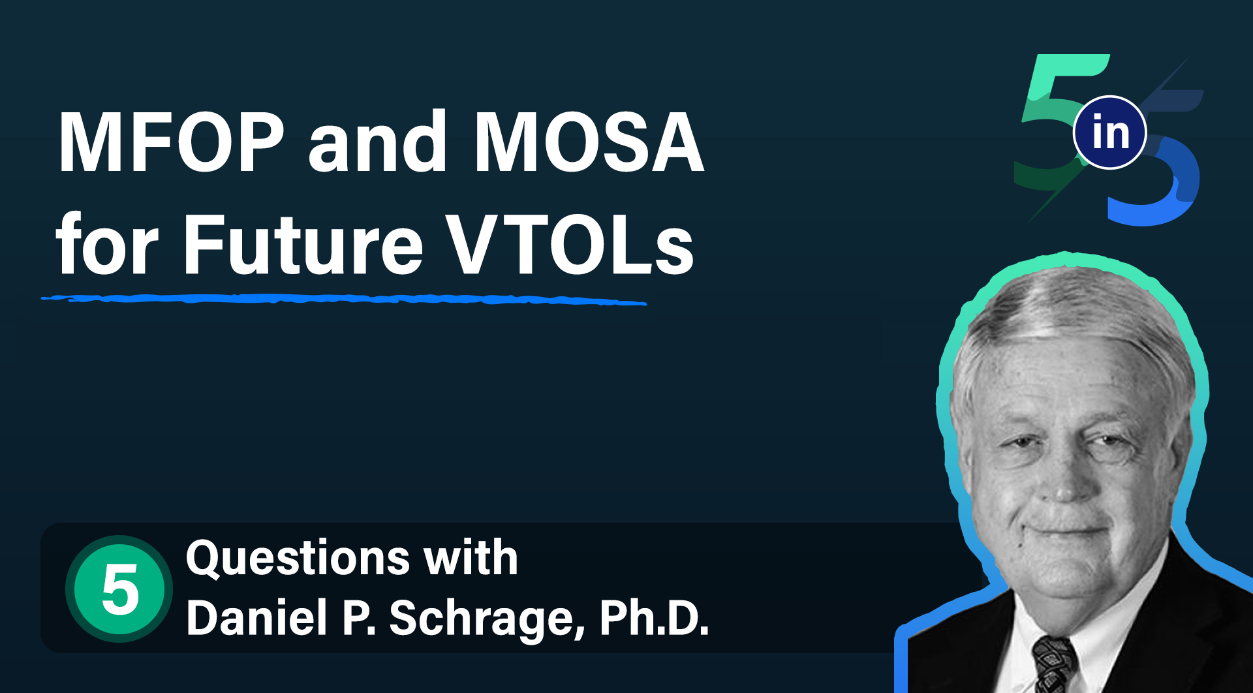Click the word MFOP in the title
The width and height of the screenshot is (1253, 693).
point(172,142)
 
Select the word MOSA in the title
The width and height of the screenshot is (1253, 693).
point(589,142)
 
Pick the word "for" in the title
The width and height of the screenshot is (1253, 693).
point(107,243)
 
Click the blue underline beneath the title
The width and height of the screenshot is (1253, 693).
point(344,300)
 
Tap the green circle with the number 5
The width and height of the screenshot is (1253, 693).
point(119,589)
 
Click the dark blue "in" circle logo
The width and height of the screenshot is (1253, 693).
point(1110,132)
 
